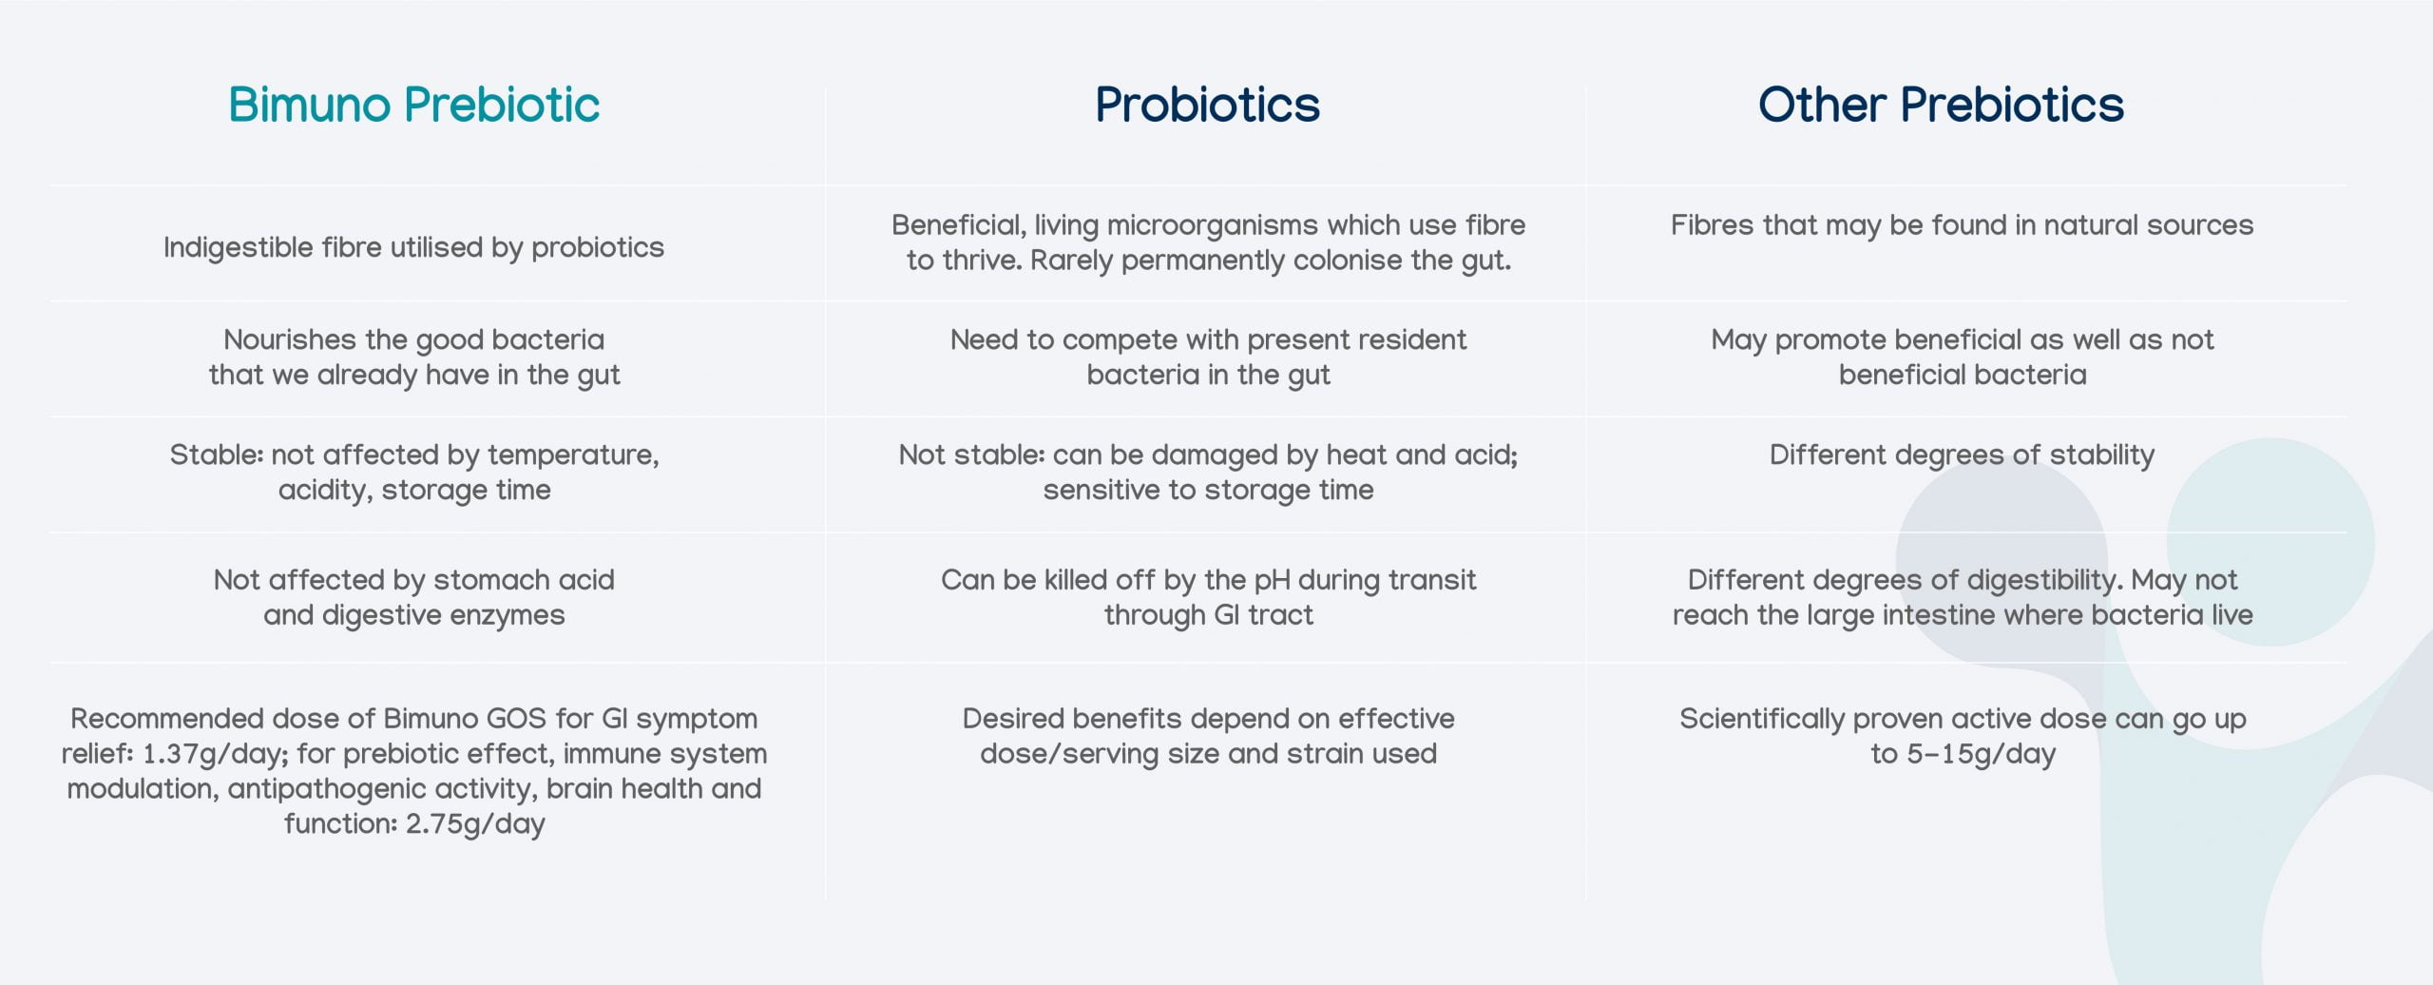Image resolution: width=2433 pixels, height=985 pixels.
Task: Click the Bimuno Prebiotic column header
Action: coord(413,105)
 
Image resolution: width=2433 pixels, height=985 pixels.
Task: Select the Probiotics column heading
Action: coord(1207,105)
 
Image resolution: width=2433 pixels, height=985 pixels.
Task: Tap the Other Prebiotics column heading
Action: coord(1941,105)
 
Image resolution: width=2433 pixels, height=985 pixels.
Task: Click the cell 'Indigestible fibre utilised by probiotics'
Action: coord(413,247)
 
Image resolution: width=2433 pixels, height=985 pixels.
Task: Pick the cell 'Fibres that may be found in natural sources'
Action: coord(1962,225)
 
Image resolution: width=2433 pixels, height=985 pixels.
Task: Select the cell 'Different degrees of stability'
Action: coord(1962,454)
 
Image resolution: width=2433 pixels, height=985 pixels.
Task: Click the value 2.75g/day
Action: coord(475,823)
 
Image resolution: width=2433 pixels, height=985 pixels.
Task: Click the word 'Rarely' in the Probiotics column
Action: coord(1070,261)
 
